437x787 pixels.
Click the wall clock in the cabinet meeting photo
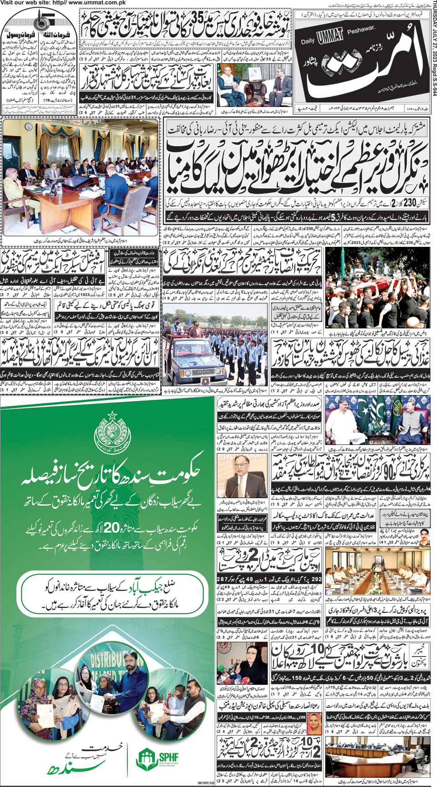29,126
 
